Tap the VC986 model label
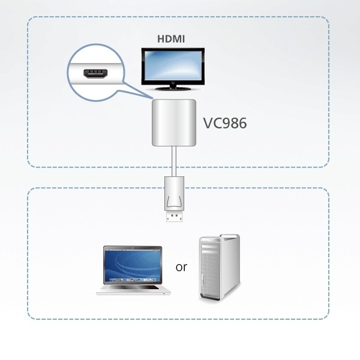pyautogui.click(x=223, y=124)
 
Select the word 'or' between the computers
pyautogui.click(x=181, y=267)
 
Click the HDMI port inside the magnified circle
pyautogui.click(x=97, y=76)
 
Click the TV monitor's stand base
pyautogui.click(x=171, y=89)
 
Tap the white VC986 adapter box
pyautogui.click(x=174, y=123)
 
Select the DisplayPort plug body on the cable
pyautogui.click(x=175, y=192)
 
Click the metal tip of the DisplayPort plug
pyautogui.click(x=175, y=215)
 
